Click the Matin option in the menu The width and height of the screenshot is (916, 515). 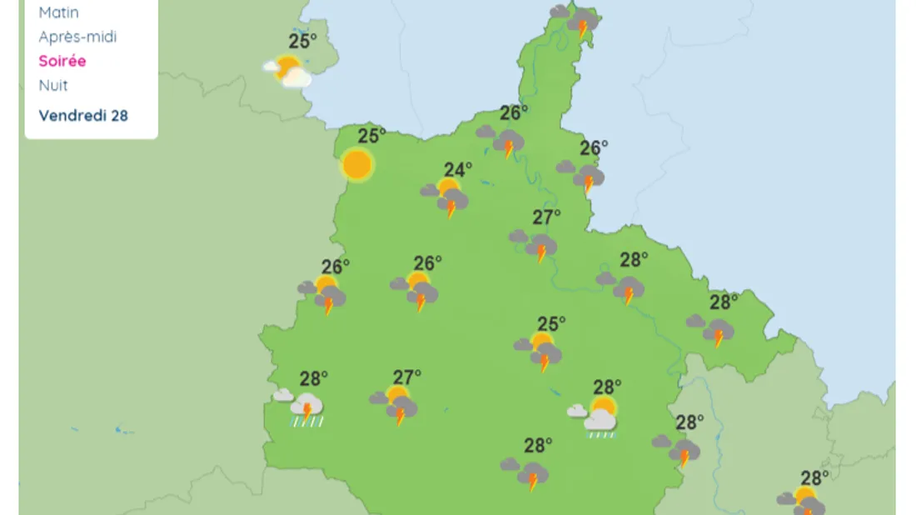click(x=58, y=12)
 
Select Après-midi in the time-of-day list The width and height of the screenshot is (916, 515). click(x=77, y=37)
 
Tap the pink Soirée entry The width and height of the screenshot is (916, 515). click(x=62, y=61)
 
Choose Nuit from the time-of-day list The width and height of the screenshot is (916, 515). click(x=53, y=85)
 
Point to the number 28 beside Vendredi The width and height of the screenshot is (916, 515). click(x=119, y=115)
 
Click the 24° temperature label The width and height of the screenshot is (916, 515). click(x=457, y=168)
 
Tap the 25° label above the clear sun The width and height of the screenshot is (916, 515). click(x=371, y=135)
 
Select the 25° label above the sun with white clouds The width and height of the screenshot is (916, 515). click(x=302, y=41)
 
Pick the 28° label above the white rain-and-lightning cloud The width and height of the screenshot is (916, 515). click(x=313, y=378)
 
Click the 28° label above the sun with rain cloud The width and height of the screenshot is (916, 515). click(x=607, y=387)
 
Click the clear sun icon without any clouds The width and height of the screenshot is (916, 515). click(x=357, y=165)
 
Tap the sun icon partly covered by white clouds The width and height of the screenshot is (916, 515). click(x=288, y=70)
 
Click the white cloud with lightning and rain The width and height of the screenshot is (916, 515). click(x=306, y=407)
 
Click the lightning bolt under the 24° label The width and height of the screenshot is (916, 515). click(x=451, y=208)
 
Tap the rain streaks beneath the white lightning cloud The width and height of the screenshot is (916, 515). click(x=306, y=422)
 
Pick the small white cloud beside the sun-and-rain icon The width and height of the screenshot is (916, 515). click(x=576, y=410)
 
